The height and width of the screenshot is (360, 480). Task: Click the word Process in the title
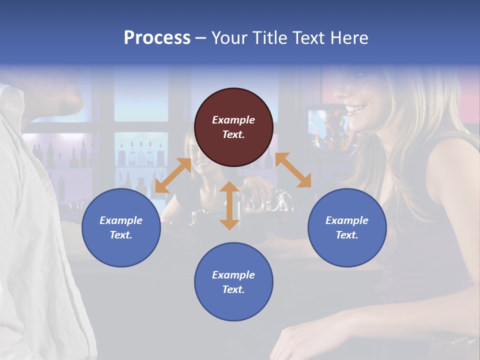(x=157, y=38)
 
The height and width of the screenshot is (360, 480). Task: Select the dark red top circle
(x=233, y=127)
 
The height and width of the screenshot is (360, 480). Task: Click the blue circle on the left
(x=121, y=227)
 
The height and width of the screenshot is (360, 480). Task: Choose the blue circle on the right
(x=347, y=227)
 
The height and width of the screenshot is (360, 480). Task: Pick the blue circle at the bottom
(x=233, y=282)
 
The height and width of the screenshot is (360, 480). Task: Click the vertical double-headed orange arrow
(x=229, y=206)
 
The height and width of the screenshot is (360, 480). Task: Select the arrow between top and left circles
(x=173, y=175)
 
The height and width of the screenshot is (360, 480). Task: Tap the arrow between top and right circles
(x=293, y=170)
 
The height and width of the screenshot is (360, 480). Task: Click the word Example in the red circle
(x=233, y=120)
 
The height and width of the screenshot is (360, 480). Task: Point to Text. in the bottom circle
(x=233, y=289)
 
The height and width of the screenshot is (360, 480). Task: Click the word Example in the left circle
(x=121, y=220)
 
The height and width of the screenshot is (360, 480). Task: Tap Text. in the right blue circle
(x=347, y=235)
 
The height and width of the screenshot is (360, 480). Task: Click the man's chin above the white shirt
(x=75, y=105)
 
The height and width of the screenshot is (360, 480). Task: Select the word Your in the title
(x=228, y=38)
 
